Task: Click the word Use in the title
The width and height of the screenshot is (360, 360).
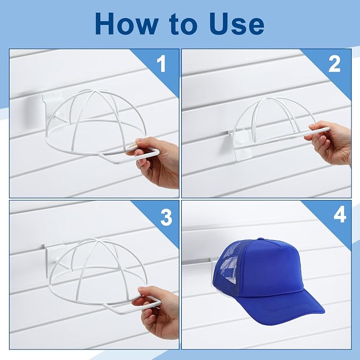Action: pos(236,24)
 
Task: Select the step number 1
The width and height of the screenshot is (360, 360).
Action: pos(162,64)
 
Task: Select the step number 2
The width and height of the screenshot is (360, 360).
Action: pos(334,64)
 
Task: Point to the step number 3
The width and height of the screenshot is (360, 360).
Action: pos(166,217)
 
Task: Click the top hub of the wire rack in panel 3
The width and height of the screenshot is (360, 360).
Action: pos(98,240)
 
